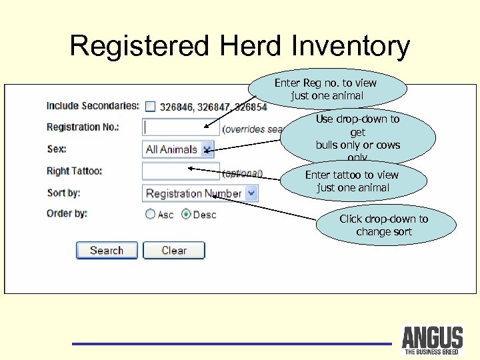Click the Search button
[x=107, y=251]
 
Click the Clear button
[x=174, y=251]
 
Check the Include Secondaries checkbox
[x=150, y=106]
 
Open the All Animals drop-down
[x=179, y=149]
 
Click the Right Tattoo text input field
[x=171, y=171]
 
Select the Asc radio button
[x=151, y=215]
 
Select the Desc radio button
[x=186, y=215]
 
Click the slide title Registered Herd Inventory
[x=239, y=47]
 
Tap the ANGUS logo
[x=432, y=340]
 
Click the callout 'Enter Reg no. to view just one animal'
[x=327, y=89]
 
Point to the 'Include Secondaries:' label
[x=93, y=105]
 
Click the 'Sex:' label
[x=57, y=149]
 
